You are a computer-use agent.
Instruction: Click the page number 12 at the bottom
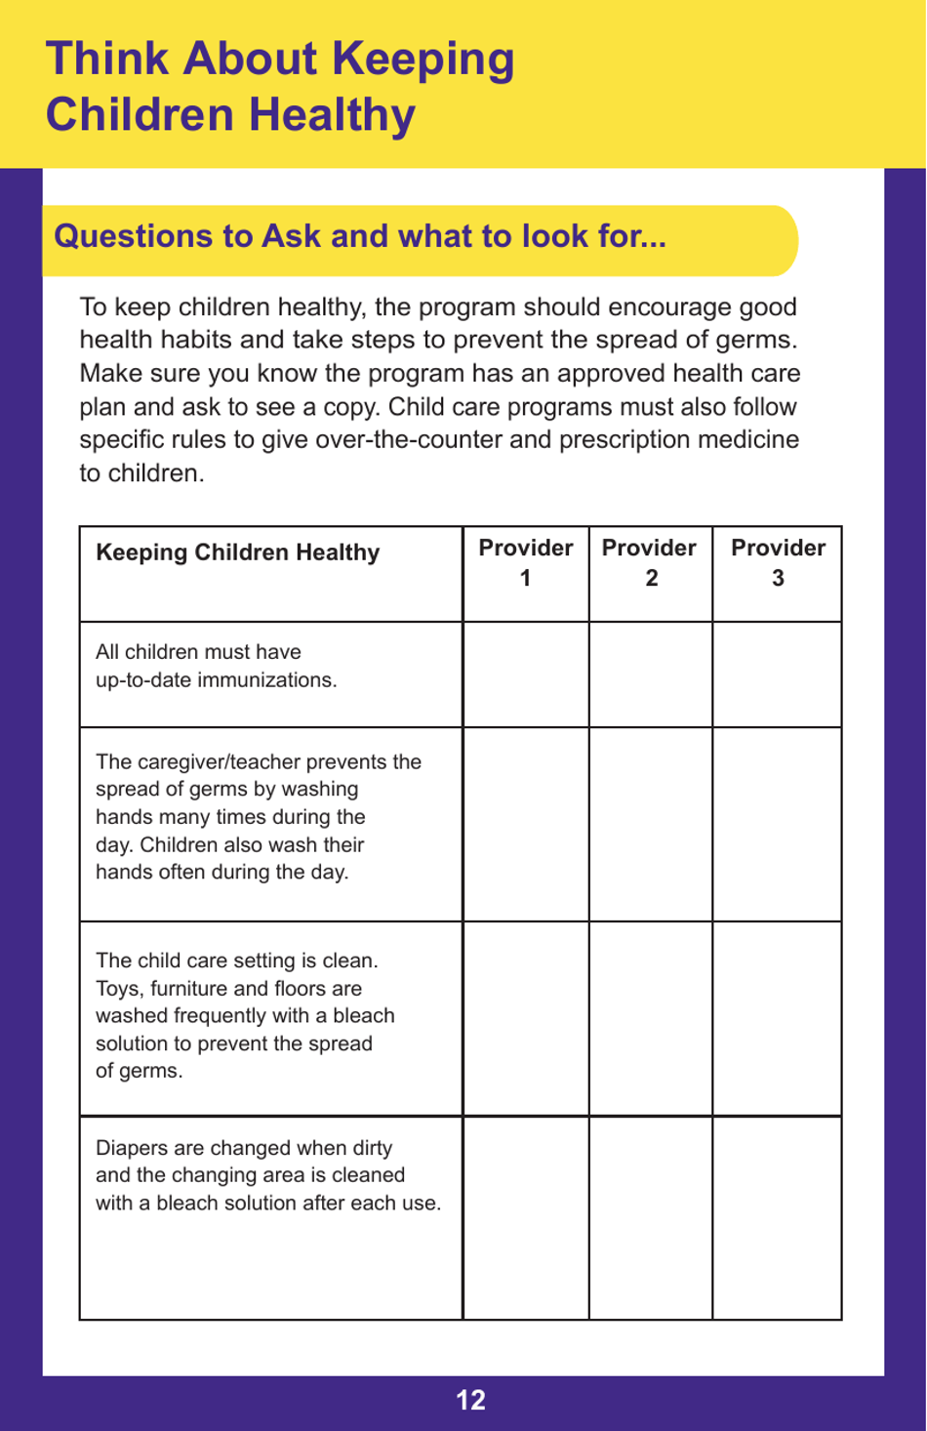tap(470, 1400)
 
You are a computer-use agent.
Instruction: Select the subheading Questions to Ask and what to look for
tap(360, 236)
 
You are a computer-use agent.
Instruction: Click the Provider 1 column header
tap(525, 562)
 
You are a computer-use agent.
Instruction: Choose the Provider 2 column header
tap(650, 562)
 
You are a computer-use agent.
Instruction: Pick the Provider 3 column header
tap(778, 562)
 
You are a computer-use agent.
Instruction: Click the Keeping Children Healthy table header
tap(237, 552)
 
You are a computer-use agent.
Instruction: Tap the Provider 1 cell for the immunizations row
tap(525, 675)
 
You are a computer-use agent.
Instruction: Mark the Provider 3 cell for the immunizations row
tap(778, 675)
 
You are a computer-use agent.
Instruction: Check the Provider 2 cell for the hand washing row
tap(650, 824)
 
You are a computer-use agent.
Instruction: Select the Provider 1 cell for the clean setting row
tap(525, 1018)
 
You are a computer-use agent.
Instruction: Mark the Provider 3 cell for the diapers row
tap(778, 1218)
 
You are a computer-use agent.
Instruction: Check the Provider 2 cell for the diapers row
tap(650, 1218)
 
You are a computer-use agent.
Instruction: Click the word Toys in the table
tap(117, 989)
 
